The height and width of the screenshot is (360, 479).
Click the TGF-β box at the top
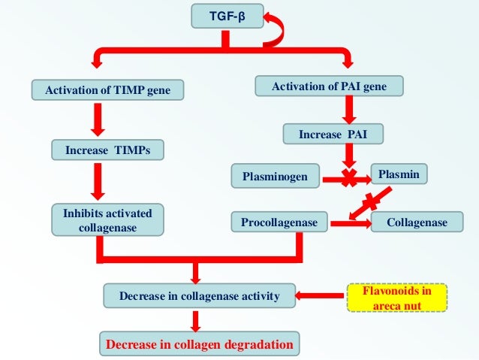coord(224,16)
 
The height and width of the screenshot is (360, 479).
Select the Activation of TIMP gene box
coord(108,92)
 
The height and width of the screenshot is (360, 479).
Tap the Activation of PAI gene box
coord(330,87)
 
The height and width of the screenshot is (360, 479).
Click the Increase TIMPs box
coord(108,150)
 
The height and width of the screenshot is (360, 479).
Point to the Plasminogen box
coord(275,177)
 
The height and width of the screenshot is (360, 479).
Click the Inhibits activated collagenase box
coord(108,220)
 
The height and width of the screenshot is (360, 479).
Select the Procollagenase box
coord(279,222)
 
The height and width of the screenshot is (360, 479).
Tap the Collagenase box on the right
coord(417,222)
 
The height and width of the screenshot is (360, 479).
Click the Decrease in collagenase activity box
coord(199,297)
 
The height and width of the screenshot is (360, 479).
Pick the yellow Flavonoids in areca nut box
coord(397,297)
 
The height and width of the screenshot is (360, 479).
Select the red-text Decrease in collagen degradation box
coord(199,344)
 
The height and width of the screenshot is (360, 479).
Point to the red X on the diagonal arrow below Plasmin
coord(371,201)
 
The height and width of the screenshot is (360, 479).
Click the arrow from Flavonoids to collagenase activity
coord(322,296)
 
